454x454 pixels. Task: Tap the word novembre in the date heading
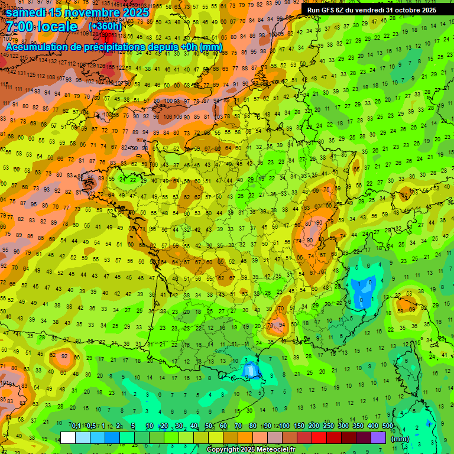point(93,11)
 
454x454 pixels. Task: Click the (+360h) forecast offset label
point(105,27)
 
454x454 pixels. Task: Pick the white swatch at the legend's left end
point(68,438)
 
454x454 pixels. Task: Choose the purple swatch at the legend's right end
point(378,438)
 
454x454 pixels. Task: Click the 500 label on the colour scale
point(387,426)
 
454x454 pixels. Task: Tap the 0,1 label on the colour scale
point(76,426)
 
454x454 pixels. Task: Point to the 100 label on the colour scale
point(284,426)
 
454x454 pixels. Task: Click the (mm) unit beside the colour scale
point(400,439)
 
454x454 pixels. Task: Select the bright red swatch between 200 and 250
point(320,438)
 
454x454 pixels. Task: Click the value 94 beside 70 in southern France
point(282,325)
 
